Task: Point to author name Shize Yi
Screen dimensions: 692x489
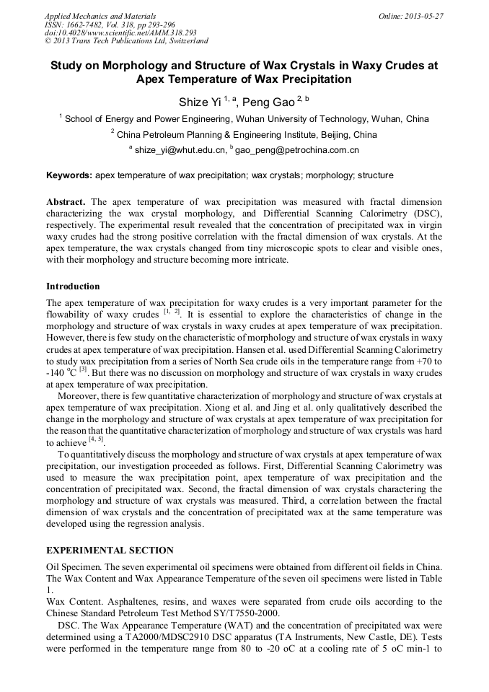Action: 199,102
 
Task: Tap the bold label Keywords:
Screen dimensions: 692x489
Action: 69,175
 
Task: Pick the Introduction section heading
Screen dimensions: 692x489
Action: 73,286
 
